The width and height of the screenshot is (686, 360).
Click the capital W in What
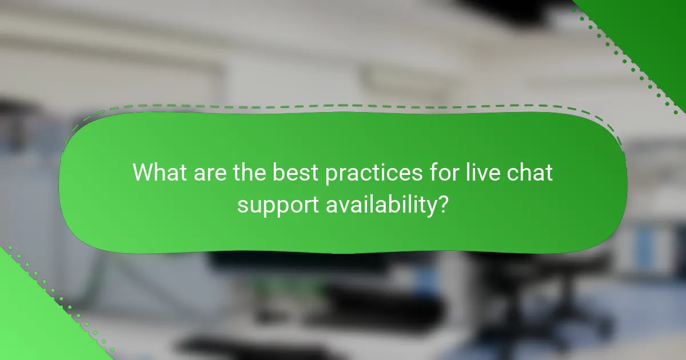143,172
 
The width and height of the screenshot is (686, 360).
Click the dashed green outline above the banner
343,106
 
